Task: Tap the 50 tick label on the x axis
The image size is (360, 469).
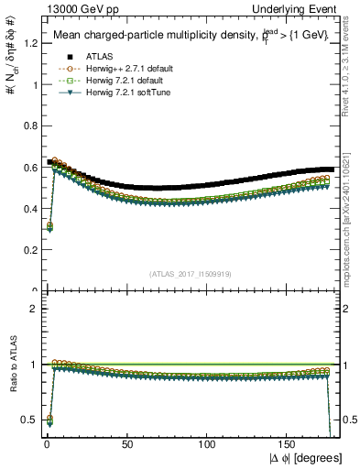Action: tap(126, 443)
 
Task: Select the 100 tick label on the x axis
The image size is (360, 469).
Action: tap(208, 443)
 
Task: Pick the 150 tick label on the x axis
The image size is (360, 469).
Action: tap(289, 443)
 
